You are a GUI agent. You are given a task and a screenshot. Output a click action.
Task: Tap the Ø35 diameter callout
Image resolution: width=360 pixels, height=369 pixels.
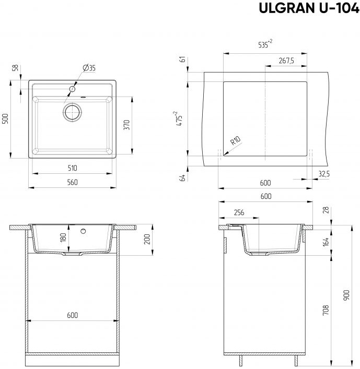(x=89, y=68)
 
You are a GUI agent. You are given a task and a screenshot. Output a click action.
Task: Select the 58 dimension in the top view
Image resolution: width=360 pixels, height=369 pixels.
(x=15, y=68)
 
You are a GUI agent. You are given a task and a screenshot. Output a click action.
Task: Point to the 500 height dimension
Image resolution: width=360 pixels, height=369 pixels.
(x=6, y=119)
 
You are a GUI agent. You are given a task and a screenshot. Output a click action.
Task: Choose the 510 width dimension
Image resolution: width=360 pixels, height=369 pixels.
(x=72, y=168)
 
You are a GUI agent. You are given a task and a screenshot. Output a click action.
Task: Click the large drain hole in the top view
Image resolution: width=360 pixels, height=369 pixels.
(x=73, y=111)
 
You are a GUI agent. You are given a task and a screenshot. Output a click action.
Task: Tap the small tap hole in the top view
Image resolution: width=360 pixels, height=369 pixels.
(x=71, y=89)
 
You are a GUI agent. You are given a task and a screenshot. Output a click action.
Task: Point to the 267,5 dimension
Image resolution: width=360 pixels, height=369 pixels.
(x=286, y=61)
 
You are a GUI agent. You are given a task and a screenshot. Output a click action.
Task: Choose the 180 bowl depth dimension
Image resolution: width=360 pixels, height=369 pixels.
(x=63, y=237)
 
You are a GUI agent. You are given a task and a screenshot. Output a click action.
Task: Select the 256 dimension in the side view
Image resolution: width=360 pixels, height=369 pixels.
(x=239, y=212)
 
